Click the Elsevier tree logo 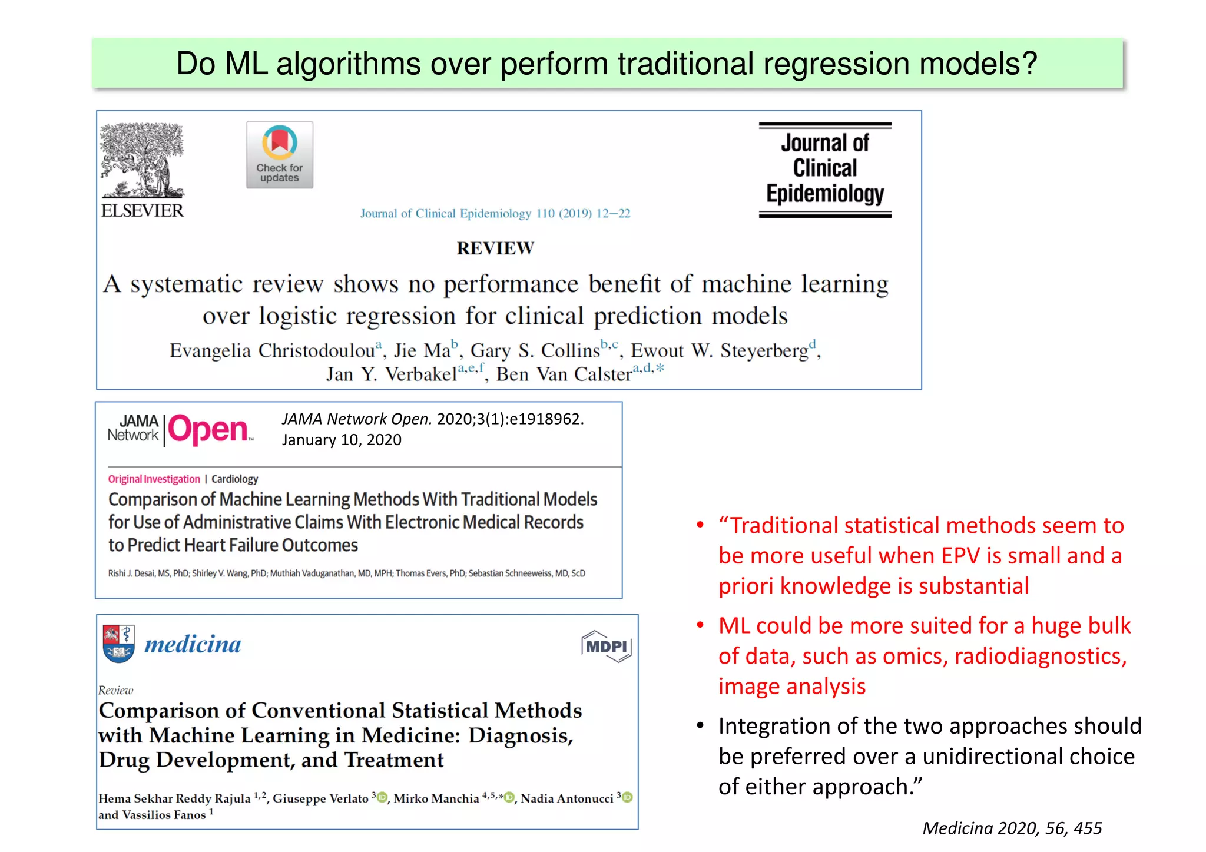[142, 160]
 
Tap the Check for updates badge [280, 155]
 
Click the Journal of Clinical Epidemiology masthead [825, 170]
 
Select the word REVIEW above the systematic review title [495, 248]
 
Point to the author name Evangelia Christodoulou [272, 351]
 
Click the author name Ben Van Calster [564, 374]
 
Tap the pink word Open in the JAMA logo [208, 429]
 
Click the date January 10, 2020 [342, 440]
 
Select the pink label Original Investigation [154, 479]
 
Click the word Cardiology [234, 479]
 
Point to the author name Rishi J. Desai [131, 573]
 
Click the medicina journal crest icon [118, 644]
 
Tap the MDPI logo [606, 647]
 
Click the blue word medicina [193, 644]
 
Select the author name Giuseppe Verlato [320, 798]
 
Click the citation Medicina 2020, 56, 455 [1012, 828]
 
